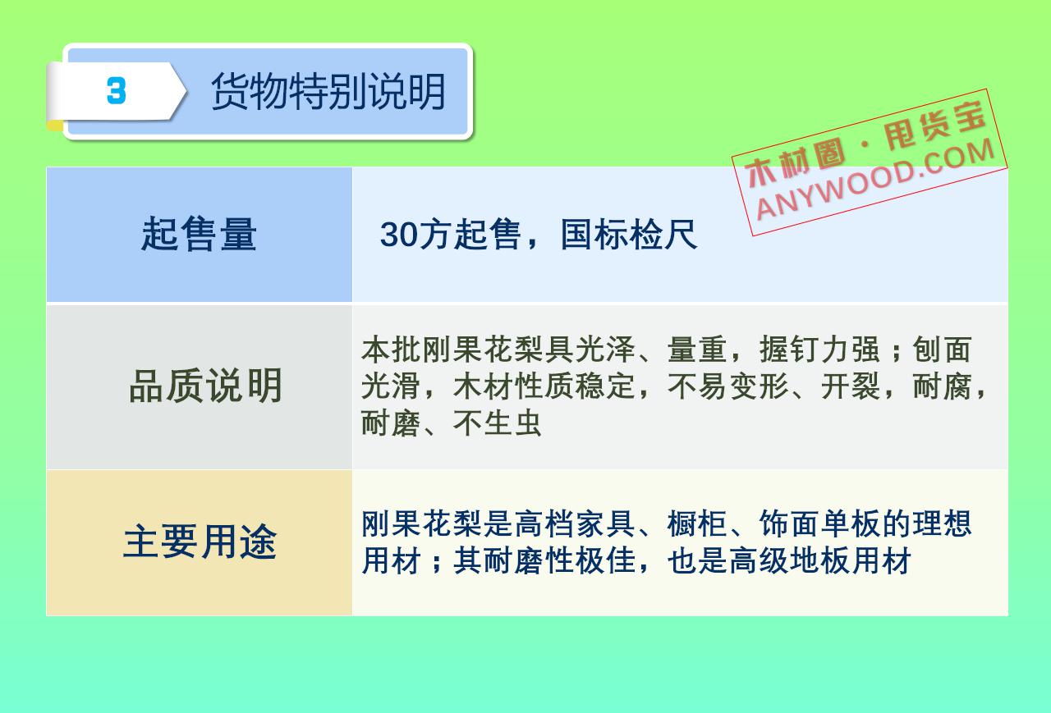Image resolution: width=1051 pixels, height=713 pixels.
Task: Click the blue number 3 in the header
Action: [x=117, y=90]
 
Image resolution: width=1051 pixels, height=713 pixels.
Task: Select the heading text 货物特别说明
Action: [x=328, y=92]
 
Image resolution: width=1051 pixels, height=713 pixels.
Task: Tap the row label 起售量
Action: [x=199, y=234]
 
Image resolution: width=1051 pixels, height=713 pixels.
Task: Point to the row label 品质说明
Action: [x=205, y=386]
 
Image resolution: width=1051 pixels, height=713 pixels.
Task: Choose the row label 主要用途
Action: [x=200, y=542]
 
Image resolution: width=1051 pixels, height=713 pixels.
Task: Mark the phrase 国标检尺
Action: [x=629, y=235]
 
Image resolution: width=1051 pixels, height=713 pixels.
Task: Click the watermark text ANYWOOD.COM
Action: [x=875, y=180]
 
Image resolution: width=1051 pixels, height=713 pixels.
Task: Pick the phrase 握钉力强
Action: [x=819, y=350]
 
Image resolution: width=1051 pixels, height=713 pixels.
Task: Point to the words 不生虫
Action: [x=498, y=423]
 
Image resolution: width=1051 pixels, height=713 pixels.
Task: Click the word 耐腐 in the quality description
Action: [x=942, y=386]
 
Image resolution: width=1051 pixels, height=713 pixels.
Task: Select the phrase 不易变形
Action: [x=727, y=386]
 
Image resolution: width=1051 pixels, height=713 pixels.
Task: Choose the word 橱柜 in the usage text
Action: [x=697, y=523]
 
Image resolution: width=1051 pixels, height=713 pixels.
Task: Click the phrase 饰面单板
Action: [x=819, y=523]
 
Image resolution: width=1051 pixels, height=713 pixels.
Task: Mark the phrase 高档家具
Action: [x=574, y=523]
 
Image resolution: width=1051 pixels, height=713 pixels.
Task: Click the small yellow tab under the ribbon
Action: [x=55, y=126]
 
